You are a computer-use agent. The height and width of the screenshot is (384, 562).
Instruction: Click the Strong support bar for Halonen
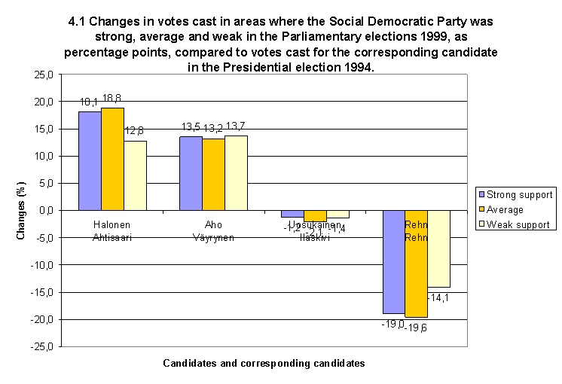coord(90,161)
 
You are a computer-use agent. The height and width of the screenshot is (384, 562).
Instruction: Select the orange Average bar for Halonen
coord(112,159)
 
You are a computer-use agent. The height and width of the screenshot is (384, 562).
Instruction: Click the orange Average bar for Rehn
coord(416,264)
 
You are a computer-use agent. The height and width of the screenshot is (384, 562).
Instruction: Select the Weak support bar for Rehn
coord(438,248)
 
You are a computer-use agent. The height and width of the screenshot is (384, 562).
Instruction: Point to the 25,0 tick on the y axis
coord(47,75)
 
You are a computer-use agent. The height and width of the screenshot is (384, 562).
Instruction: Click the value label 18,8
coord(112,99)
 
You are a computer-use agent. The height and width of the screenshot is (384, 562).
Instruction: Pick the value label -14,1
coord(438,297)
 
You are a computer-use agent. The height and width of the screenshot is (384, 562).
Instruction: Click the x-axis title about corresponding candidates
coord(264,363)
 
